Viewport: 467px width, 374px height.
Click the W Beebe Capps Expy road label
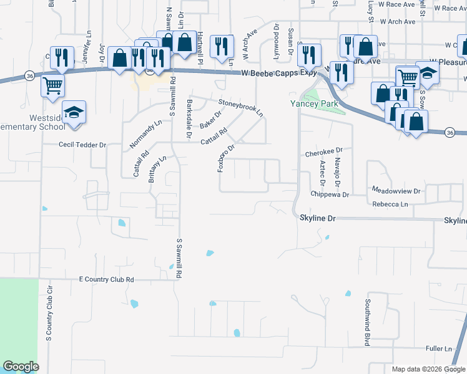tap(280, 73)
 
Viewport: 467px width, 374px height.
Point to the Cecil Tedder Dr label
tap(82, 145)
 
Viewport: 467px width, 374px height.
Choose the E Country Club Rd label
tap(107, 280)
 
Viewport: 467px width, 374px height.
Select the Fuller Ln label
tap(440, 348)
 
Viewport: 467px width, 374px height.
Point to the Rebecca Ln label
tap(390, 204)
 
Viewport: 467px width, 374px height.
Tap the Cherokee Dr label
tap(325, 151)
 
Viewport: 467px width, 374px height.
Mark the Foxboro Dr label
tap(225, 158)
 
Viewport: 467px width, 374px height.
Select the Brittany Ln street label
tap(157, 168)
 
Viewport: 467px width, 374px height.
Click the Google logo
tap(21, 367)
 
